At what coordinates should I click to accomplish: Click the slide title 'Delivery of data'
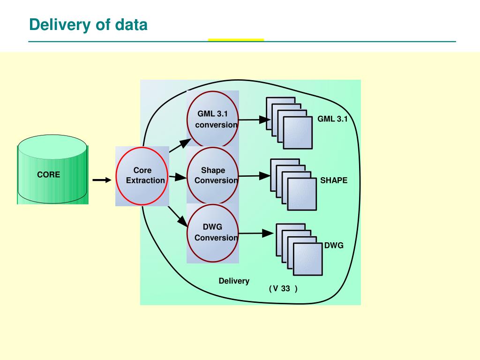(88, 25)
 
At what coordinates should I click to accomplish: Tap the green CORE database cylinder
(52, 169)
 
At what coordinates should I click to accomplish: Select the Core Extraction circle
(142, 176)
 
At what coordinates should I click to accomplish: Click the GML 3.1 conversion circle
(213, 119)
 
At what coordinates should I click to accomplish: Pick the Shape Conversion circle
(213, 175)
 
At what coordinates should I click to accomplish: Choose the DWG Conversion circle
(213, 233)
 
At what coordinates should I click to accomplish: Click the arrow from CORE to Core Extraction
(102, 180)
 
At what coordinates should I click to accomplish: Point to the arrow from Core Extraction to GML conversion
(180, 145)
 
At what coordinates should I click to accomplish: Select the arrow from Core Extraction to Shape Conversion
(178, 177)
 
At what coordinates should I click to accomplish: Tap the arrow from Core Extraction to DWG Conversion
(178, 217)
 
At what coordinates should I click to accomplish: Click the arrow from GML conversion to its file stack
(255, 120)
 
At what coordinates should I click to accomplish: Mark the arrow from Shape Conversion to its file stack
(255, 176)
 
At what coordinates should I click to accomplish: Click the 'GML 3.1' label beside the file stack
(332, 119)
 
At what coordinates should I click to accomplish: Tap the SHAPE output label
(334, 180)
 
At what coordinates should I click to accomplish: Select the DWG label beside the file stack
(334, 245)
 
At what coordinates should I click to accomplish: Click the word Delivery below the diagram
(234, 281)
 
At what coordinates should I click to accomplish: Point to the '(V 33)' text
(283, 288)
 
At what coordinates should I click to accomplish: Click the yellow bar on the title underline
(236, 40)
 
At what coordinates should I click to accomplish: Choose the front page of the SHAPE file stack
(302, 195)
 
